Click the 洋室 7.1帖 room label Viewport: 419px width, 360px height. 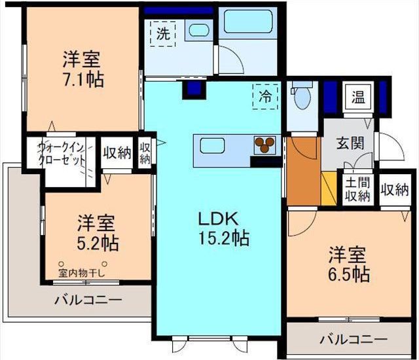tap(82, 69)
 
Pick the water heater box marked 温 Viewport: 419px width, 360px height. tap(358, 98)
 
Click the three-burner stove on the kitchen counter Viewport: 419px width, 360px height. tap(265, 145)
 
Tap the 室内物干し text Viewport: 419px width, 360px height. tap(82, 274)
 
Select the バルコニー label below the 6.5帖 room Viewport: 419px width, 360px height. tap(354, 340)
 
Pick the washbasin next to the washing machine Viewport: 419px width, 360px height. tap(196, 29)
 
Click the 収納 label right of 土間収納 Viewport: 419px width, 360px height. tap(395, 190)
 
